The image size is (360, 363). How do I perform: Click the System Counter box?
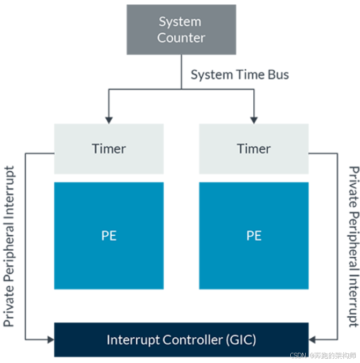point(181,30)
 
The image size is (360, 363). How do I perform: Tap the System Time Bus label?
point(240,75)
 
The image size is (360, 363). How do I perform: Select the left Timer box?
point(109,149)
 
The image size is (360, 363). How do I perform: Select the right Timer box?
point(254,149)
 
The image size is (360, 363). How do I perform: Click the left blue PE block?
point(109,235)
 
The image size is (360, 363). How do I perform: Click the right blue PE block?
point(254,235)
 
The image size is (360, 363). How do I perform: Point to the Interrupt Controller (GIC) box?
point(181,339)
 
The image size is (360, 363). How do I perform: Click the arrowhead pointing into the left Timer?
point(109,118)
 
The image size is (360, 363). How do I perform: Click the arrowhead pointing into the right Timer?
point(254,118)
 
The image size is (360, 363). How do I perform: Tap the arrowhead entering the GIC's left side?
point(50,339)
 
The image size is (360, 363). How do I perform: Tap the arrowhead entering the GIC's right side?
point(313,339)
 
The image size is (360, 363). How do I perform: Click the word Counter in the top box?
point(181,38)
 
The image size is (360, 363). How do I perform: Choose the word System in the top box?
point(180,22)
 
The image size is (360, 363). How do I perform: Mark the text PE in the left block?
point(109,236)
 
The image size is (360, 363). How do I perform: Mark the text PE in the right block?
point(254,236)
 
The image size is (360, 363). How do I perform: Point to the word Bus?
point(278,75)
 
